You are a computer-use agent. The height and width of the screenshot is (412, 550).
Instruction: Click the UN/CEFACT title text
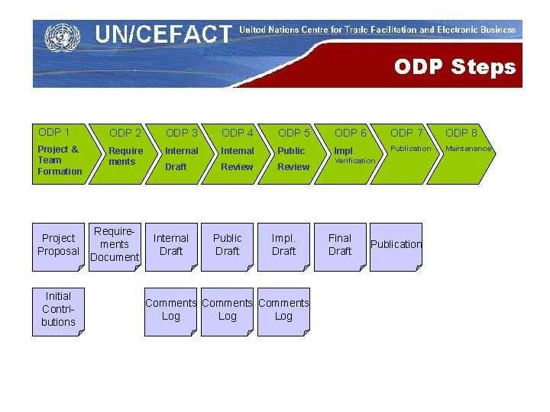click(163, 34)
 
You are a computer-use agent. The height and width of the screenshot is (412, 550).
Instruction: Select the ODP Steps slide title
click(455, 67)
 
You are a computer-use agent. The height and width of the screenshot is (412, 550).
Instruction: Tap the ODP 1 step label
click(54, 132)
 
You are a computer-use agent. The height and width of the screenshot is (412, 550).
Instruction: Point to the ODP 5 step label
click(294, 134)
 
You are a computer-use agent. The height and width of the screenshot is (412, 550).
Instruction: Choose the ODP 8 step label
click(461, 134)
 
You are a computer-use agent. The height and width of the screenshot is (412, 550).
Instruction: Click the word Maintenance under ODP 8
click(467, 149)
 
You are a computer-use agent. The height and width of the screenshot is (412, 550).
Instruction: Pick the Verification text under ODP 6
click(354, 161)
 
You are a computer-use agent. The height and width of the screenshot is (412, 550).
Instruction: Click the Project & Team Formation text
click(60, 160)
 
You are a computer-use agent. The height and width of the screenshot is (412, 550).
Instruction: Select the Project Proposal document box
click(59, 246)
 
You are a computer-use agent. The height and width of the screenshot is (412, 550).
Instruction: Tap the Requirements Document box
click(115, 246)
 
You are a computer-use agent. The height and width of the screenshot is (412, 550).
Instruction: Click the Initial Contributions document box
click(59, 310)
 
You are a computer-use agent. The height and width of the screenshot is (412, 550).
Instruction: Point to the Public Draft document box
click(227, 246)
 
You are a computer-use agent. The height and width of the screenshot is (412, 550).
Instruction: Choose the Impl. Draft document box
click(283, 246)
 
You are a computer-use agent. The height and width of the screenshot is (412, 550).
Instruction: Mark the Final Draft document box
click(340, 246)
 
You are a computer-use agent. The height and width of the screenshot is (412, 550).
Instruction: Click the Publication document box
click(396, 246)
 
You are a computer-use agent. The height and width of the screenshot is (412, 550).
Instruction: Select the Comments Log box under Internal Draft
click(171, 310)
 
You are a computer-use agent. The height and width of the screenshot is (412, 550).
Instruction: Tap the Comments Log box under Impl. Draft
click(283, 310)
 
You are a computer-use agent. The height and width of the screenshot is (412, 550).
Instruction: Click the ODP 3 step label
click(182, 134)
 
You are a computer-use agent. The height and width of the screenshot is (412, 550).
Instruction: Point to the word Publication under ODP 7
click(411, 149)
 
